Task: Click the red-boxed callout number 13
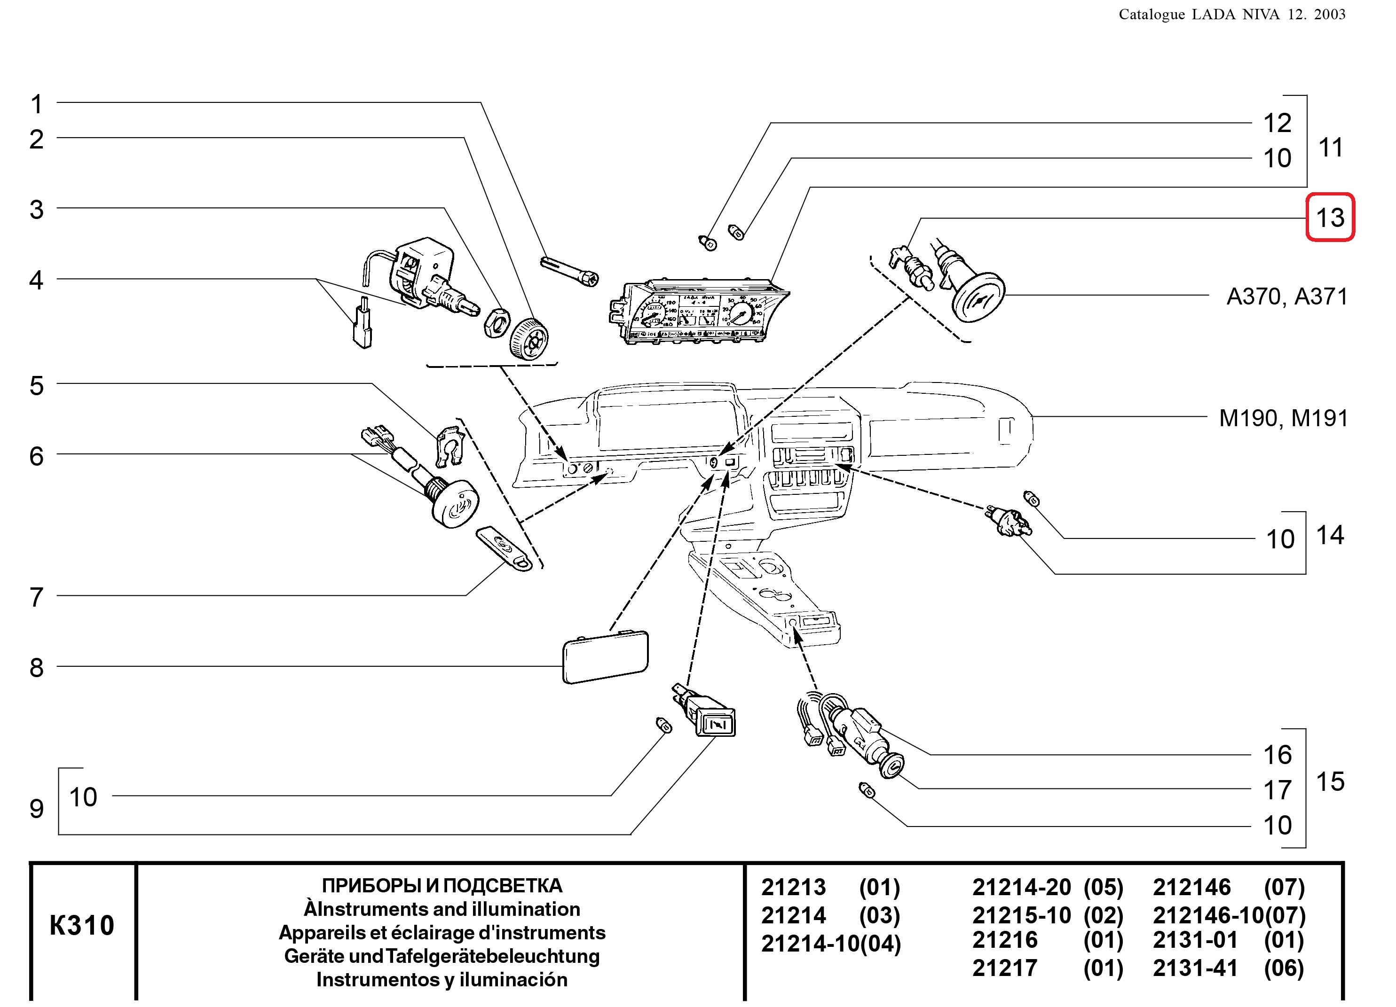(x=1330, y=217)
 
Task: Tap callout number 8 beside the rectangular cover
(x=36, y=667)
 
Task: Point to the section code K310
(x=82, y=926)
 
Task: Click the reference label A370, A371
(x=1286, y=297)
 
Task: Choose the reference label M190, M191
(x=1283, y=418)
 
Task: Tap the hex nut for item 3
(x=496, y=321)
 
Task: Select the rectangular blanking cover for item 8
(x=606, y=657)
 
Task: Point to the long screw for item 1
(x=570, y=271)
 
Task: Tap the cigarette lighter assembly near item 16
(x=859, y=738)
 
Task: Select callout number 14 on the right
(x=1330, y=535)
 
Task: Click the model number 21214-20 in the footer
(x=1021, y=887)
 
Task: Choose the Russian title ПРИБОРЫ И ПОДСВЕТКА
(x=442, y=886)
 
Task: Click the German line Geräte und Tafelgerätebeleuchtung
(x=442, y=957)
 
